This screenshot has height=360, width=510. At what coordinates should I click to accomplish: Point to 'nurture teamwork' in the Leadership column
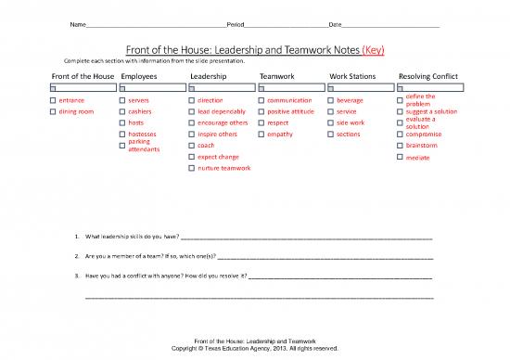224,168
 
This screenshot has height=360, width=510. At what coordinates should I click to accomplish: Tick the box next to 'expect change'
191,157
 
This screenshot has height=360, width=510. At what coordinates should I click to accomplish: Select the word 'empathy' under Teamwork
279,135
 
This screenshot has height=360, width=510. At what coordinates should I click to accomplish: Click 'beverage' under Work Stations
350,100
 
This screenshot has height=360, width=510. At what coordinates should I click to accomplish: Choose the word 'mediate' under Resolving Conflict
418,158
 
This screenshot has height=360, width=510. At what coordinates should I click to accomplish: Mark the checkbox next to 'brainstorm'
400,146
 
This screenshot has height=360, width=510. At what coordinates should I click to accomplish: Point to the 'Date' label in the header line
323,22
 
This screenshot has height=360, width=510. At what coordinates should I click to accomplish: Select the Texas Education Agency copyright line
253,349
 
